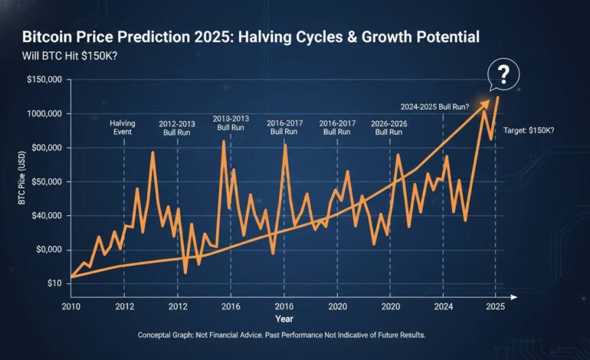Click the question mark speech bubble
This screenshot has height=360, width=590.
(x=503, y=75)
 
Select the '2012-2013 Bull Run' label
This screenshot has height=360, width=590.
(x=178, y=126)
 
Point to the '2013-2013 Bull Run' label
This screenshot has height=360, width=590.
(x=231, y=123)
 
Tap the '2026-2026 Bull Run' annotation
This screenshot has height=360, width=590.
(x=389, y=126)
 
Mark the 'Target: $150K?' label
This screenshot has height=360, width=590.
(x=529, y=130)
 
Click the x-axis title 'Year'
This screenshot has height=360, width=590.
(x=284, y=319)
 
